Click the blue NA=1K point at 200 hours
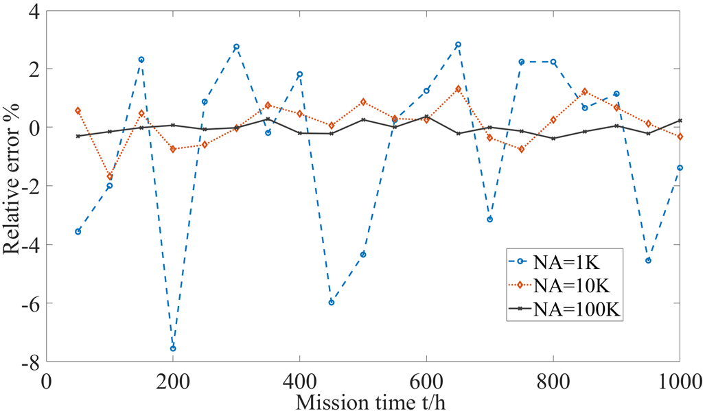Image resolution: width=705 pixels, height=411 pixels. pyautogui.click(x=173, y=349)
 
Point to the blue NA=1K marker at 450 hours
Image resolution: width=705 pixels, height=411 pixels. pyautogui.click(x=332, y=302)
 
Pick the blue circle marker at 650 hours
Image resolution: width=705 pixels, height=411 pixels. pyautogui.click(x=458, y=45)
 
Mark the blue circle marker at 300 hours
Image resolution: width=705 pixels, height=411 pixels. pyautogui.click(x=236, y=47)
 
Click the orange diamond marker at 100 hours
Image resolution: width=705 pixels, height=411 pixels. pyautogui.click(x=110, y=177)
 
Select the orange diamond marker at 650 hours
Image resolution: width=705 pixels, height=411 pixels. pyautogui.click(x=458, y=89)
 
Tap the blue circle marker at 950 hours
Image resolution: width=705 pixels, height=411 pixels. pyautogui.click(x=648, y=261)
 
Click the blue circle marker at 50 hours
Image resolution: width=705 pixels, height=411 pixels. pyautogui.click(x=78, y=231)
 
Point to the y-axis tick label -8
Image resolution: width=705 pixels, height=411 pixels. pyautogui.click(x=28, y=362)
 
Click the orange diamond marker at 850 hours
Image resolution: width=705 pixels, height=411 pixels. pyautogui.click(x=585, y=91)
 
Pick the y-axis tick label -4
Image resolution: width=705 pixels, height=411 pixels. pyautogui.click(x=28, y=245)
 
